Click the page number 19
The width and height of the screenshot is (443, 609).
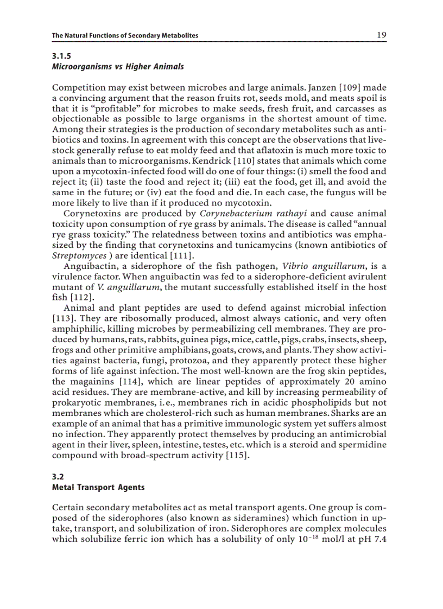point(381,35)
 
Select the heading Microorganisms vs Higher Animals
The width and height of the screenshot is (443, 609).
point(118,67)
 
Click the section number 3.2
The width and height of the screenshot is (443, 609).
point(57,477)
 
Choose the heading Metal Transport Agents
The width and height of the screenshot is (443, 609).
point(98,487)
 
